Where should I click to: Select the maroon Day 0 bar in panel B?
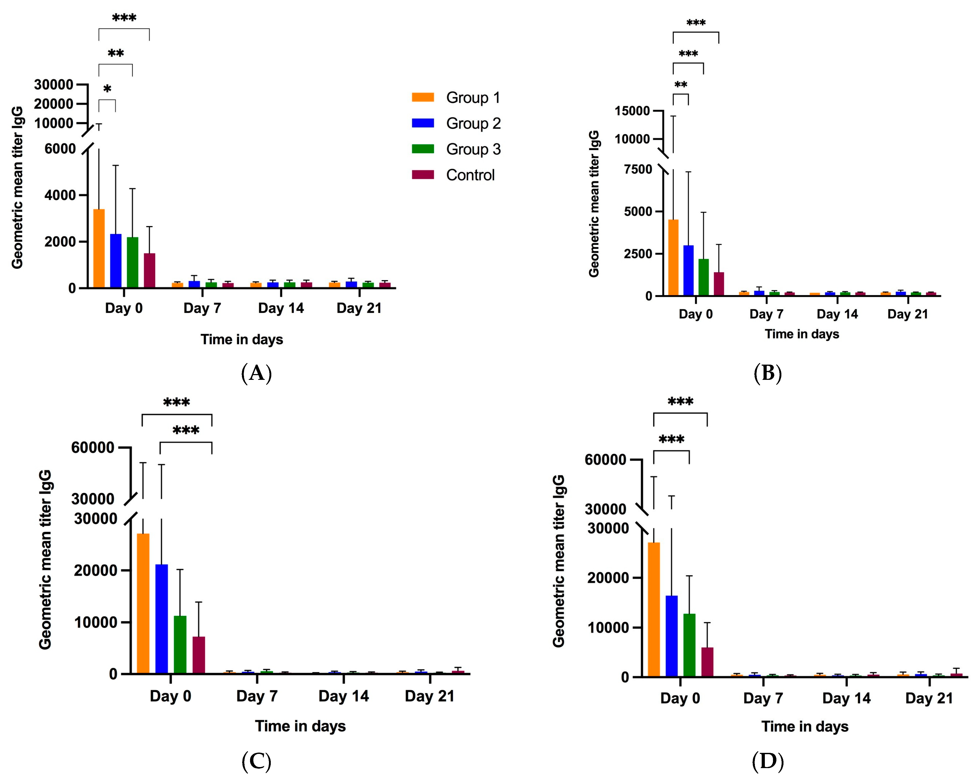coord(719,284)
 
